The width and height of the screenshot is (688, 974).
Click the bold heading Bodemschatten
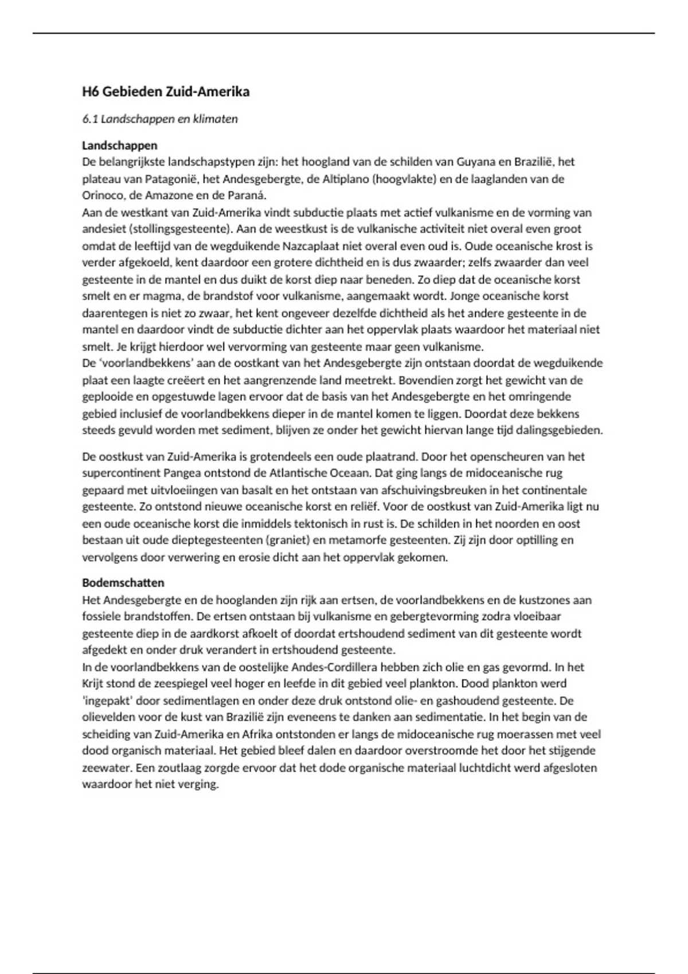[x=123, y=583]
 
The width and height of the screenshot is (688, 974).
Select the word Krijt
[x=94, y=684]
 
